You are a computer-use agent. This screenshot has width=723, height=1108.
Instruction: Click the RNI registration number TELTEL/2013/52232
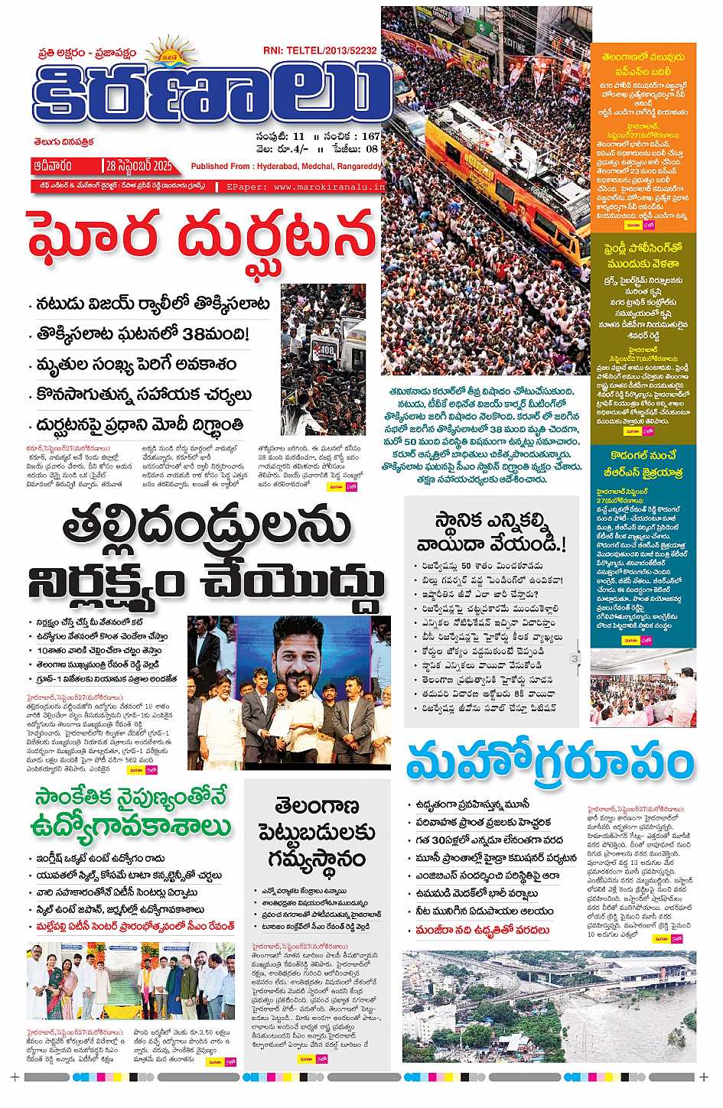(x=331, y=50)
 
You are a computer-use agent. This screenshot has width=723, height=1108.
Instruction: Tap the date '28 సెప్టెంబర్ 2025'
(x=139, y=166)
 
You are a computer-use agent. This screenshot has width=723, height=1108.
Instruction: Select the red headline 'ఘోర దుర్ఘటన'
(x=202, y=237)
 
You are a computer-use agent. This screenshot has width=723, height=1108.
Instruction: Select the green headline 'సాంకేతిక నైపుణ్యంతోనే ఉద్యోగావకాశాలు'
(x=132, y=812)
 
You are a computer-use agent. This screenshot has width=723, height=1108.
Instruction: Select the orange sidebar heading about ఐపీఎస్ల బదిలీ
(x=643, y=63)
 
